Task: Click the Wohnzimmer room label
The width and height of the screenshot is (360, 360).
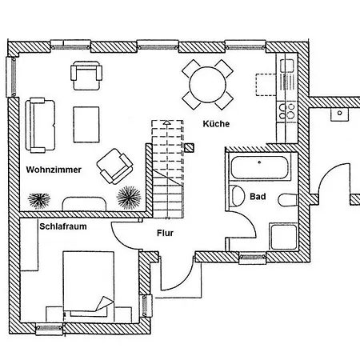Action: (x=54, y=170)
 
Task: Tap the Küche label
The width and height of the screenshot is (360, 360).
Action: (x=216, y=124)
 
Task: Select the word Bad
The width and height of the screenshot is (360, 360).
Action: (x=258, y=197)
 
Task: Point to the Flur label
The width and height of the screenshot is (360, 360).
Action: (x=165, y=233)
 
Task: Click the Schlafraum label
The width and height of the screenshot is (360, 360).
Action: (x=63, y=226)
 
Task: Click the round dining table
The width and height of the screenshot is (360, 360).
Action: (x=207, y=85)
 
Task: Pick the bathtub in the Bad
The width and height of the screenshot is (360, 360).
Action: (x=259, y=168)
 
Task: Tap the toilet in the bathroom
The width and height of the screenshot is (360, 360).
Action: (x=287, y=200)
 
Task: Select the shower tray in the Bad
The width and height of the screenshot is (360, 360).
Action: (x=283, y=237)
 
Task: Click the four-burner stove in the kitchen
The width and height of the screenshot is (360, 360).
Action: (x=287, y=111)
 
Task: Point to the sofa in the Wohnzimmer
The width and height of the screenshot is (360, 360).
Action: (x=40, y=125)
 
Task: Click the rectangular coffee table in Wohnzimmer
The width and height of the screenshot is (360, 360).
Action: (x=86, y=125)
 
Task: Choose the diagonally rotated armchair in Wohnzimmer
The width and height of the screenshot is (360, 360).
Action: (x=114, y=166)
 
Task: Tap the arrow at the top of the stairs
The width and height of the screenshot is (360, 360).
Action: (x=166, y=122)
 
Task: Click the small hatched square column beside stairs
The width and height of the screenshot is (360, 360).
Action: (x=189, y=148)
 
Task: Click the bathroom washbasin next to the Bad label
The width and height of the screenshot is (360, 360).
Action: (x=238, y=196)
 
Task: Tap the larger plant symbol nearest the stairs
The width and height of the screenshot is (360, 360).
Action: (x=129, y=198)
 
